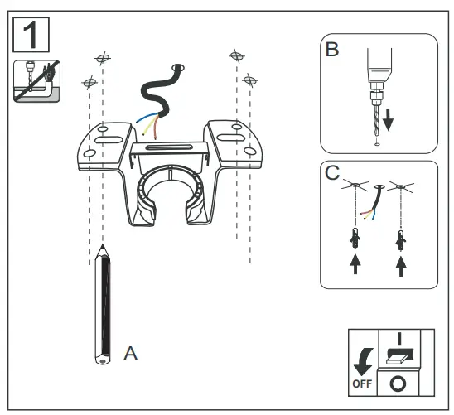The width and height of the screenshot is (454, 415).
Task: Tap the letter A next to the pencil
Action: point(130,352)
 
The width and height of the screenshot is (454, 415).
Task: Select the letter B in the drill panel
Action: point(332,50)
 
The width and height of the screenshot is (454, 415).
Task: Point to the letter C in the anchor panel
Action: point(331,174)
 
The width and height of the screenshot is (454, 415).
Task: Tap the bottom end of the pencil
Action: point(101,361)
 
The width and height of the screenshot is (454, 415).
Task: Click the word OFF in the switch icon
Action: point(362,384)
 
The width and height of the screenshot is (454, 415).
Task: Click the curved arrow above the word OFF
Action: point(362,359)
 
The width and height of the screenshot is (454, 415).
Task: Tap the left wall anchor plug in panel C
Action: point(355,239)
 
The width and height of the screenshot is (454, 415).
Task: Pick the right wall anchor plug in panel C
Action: point(403,239)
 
